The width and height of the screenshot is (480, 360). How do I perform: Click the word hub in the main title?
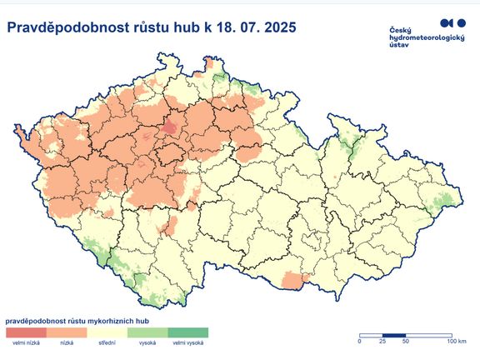click(182, 28)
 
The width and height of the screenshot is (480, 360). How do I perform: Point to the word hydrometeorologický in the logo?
click(426, 38)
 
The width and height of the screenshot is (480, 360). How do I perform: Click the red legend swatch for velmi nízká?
click(26, 332)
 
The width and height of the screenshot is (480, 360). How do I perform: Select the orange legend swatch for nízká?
click(66, 332)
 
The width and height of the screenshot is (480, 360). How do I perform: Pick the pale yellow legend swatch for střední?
click(107, 332)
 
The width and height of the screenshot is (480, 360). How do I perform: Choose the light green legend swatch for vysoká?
click(147, 332)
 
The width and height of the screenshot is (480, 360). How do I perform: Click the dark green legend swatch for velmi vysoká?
click(187, 332)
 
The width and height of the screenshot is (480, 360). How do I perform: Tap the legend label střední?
click(107, 342)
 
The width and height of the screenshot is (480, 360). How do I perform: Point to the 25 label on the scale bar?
click(382, 341)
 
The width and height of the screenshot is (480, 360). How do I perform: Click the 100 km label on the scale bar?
click(455, 341)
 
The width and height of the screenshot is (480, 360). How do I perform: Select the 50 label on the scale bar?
click(406, 341)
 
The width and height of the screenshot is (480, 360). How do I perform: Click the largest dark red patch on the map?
click(170, 127)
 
